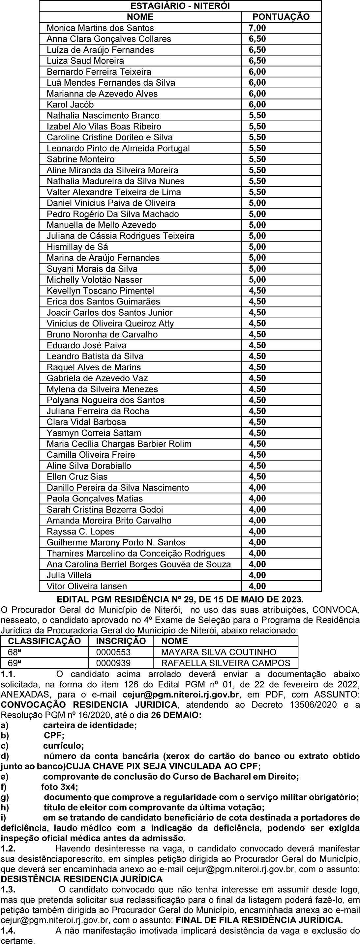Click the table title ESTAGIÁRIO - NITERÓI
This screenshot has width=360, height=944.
point(180,6)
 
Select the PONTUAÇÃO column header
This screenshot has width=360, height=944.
point(281,17)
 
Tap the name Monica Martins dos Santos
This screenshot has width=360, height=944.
point(100,28)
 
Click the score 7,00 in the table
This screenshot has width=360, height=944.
point(257,28)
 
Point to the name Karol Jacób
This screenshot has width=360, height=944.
point(70,104)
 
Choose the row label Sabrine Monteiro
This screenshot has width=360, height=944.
point(80,159)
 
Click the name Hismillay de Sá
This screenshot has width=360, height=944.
point(77,247)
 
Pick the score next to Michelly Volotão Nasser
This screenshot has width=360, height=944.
point(257,280)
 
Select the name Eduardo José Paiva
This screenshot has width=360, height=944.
point(86,345)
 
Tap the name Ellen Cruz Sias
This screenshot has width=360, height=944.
point(77,476)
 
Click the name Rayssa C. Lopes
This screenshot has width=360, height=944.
point(80,531)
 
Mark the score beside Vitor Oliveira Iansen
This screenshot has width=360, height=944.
point(257,586)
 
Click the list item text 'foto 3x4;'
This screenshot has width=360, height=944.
point(59,787)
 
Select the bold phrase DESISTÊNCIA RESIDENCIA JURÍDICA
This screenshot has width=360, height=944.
point(81,879)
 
